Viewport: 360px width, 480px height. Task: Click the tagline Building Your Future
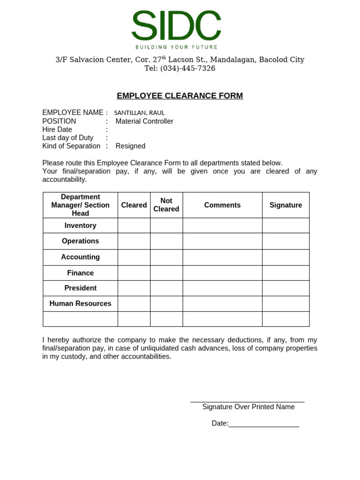tap(176, 47)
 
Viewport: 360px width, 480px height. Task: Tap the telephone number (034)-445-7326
tap(187, 68)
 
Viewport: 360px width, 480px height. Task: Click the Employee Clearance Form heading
tap(180, 96)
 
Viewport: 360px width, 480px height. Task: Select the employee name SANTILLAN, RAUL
tap(139, 113)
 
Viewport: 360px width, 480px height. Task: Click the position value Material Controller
tap(144, 121)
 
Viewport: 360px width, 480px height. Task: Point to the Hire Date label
tap(57, 129)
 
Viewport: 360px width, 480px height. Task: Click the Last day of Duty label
tap(67, 138)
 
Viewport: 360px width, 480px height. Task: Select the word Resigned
tap(130, 146)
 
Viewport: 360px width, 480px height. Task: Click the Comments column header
tap(222, 205)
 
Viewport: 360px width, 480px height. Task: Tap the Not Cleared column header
tap(166, 205)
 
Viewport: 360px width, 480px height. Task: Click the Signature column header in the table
tap(285, 205)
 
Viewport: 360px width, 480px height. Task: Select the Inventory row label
tap(80, 225)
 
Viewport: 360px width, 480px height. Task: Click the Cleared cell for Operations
tap(134, 241)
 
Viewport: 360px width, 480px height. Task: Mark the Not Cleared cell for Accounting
tap(166, 257)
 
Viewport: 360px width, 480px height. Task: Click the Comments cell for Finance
tap(222, 273)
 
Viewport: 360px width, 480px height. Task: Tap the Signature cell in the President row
tap(285, 288)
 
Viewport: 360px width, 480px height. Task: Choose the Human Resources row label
tap(80, 304)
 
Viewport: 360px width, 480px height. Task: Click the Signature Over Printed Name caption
tap(248, 407)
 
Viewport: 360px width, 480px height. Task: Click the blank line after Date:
tap(264, 424)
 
